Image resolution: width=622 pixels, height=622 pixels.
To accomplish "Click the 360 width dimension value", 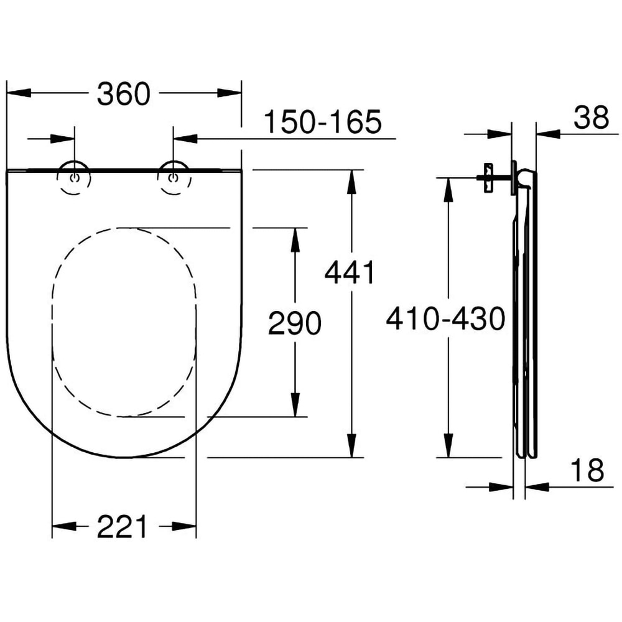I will (x=124, y=94).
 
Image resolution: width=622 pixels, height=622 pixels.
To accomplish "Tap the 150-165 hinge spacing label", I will (x=322, y=122).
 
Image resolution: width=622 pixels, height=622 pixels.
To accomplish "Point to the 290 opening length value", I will (x=294, y=323).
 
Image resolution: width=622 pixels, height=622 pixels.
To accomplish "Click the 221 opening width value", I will (x=123, y=527).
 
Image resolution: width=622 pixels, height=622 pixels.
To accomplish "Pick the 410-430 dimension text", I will (x=445, y=320).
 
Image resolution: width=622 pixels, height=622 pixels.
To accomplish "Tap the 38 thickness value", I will (x=591, y=118).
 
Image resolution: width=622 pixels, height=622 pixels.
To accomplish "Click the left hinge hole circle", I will (x=75, y=178).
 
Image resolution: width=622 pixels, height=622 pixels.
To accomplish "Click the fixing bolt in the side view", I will (x=488, y=177).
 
